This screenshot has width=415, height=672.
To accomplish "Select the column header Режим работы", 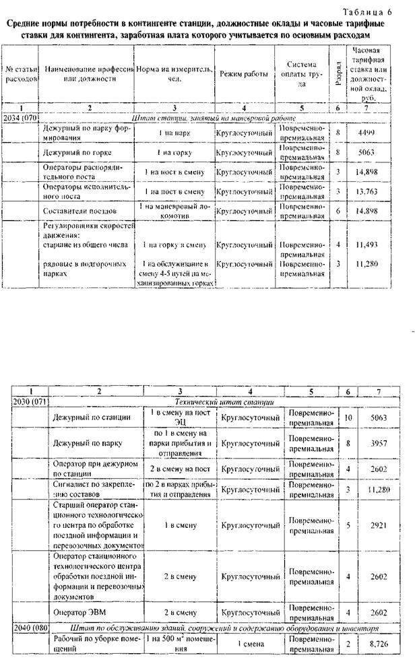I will pyautogui.click(x=243, y=72).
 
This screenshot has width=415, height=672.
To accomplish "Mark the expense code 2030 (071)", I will pyautogui.click(x=30, y=401).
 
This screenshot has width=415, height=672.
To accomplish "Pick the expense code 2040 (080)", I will pyautogui.click(x=30, y=628).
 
